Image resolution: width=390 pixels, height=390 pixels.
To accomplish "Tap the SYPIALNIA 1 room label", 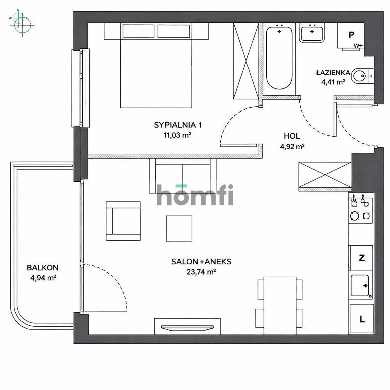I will [x=177, y=125].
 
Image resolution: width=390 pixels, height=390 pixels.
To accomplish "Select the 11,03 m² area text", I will [x=177, y=134].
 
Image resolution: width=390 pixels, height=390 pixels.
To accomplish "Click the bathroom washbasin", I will [x=312, y=33].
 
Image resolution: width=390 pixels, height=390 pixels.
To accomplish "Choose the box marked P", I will [x=351, y=35].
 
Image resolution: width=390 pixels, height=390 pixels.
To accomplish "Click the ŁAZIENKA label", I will [x=330, y=72].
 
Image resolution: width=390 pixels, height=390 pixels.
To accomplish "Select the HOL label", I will [x=292, y=136].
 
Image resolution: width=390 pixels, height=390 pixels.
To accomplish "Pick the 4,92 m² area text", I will [x=292, y=145].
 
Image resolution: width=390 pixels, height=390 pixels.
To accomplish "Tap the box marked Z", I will [x=361, y=258].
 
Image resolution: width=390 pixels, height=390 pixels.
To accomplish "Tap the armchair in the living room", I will [x=123, y=221].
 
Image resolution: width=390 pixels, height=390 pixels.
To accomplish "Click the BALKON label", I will [x=43, y=268].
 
